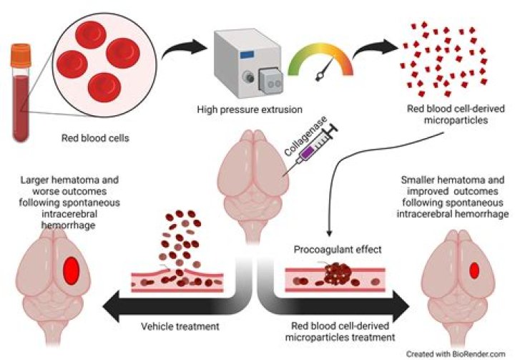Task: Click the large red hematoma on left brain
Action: tap(71, 270)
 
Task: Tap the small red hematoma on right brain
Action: tap(474, 269)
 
